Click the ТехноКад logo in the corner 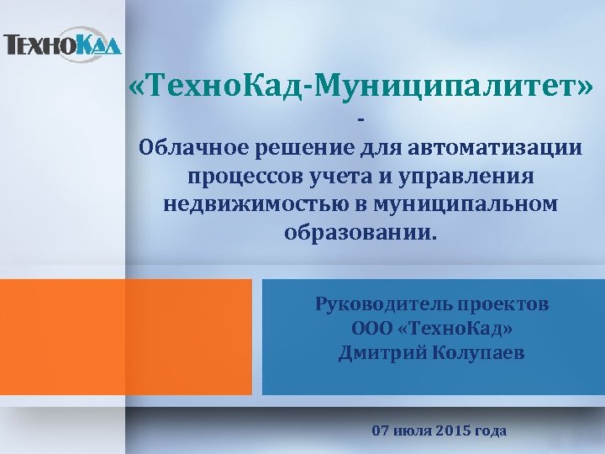(x=62, y=45)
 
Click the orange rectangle (x=126, y=336)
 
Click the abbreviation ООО (x=373, y=328)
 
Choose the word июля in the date (x=413, y=430)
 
